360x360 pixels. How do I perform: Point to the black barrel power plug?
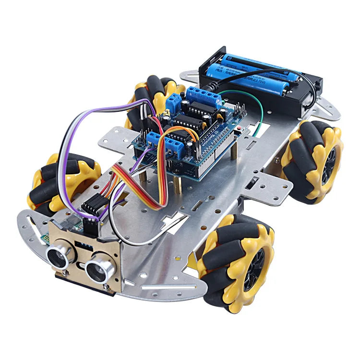click(212, 87)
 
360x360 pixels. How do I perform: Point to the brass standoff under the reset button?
click(234, 151)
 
